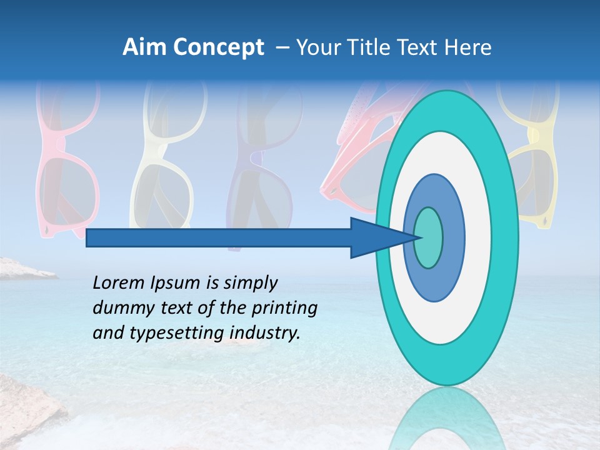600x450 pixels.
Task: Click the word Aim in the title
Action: [x=144, y=47]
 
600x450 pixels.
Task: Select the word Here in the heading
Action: [x=469, y=47]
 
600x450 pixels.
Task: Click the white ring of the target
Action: [x=478, y=237]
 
